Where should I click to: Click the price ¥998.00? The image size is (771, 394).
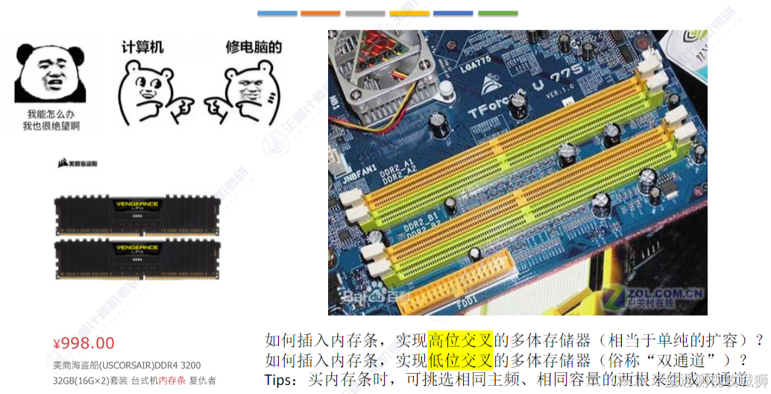coord(84,343)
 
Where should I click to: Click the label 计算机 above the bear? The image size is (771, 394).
coord(142,47)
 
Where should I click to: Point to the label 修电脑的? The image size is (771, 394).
coord(254,47)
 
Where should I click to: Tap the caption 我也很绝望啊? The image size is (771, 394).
coord(51,126)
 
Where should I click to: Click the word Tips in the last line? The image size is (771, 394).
coord(280,379)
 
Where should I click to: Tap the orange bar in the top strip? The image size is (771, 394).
coord(320,13)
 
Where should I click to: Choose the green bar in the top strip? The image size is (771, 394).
coord(497,13)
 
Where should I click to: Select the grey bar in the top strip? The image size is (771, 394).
coord(365,13)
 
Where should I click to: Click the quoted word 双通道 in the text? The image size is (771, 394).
coord(668,360)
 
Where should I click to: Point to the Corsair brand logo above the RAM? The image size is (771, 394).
coord(78,163)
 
